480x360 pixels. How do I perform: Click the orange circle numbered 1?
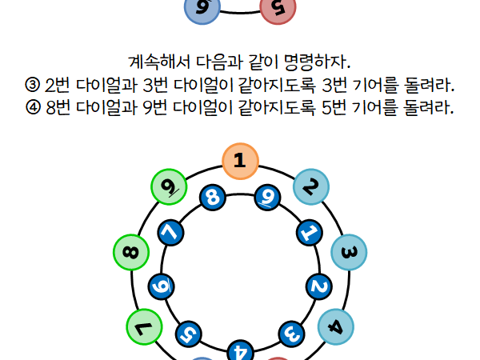pyautogui.click(x=240, y=161)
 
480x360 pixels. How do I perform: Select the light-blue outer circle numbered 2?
pyautogui.click(x=311, y=186)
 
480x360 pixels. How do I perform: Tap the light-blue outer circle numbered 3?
pyautogui.click(x=349, y=252)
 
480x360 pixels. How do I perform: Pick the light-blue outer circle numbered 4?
pyautogui.click(x=336, y=327)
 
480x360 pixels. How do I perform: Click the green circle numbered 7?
pyautogui.click(x=144, y=327)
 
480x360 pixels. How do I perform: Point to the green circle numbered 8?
pyautogui.click(x=131, y=252)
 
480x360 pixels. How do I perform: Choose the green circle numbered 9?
pyautogui.click(x=169, y=186)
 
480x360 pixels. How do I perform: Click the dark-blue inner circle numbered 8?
pyautogui.click(x=213, y=198)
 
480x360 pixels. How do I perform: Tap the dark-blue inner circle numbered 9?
pyautogui.click(x=267, y=198)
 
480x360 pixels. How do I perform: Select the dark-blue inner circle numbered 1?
pyautogui.click(x=310, y=233)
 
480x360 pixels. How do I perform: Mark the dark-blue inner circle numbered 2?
pyautogui.click(x=319, y=286)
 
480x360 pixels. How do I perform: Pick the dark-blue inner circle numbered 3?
pyautogui.click(x=292, y=334)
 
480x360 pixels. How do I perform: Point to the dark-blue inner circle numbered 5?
pyautogui.click(x=189, y=334)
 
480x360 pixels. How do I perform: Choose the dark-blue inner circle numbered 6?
pyautogui.click(x=162, y=286)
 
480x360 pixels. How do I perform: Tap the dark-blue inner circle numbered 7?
pyautogui.click(x=171, y=233)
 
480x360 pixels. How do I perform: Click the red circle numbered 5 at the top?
pyautogui.click(x=278, y=8)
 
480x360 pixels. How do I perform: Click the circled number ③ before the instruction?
pyautogui.click(x=33, y=85)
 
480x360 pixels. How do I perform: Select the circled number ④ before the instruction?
pyautogui.click(x=33, y=107)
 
